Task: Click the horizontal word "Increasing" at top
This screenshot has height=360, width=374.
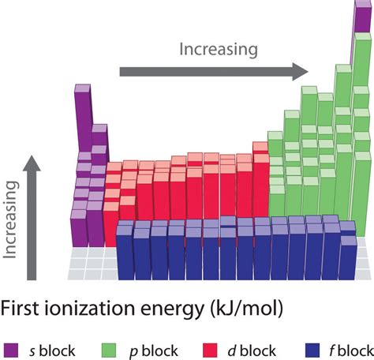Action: pos(218,50)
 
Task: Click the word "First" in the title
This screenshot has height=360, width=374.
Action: pos(21,308)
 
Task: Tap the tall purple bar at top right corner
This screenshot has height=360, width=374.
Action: pos(361,32)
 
